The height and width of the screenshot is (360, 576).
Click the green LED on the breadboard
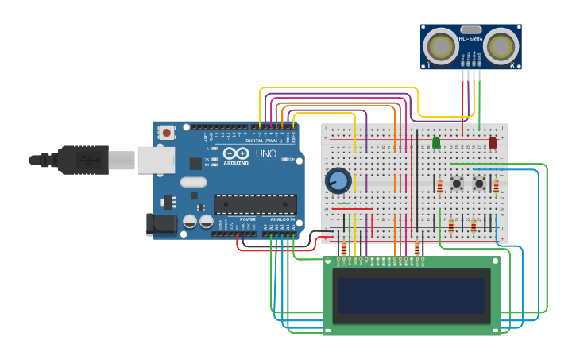[x=435, y=143]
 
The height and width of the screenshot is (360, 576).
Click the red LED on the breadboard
[x=493, y=143]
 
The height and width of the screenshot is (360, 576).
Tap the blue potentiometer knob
[x=338, y=180]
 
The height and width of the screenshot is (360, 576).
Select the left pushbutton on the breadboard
[x=458, y=184]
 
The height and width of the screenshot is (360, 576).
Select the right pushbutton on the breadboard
[x=480, y=184]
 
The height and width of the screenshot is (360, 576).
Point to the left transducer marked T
[x=439, y=46]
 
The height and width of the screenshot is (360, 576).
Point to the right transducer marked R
[x=502, y=46]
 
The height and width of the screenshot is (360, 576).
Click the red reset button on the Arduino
[x=167, y=132]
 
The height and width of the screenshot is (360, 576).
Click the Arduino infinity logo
[x=235, y=153]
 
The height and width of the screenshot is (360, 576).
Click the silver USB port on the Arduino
[x=156, y=160]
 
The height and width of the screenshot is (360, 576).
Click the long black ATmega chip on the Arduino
[x=254, y=204]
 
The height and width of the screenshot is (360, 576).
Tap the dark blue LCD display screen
[x=412, y=295]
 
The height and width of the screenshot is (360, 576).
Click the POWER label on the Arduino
[x=248, y=219]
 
